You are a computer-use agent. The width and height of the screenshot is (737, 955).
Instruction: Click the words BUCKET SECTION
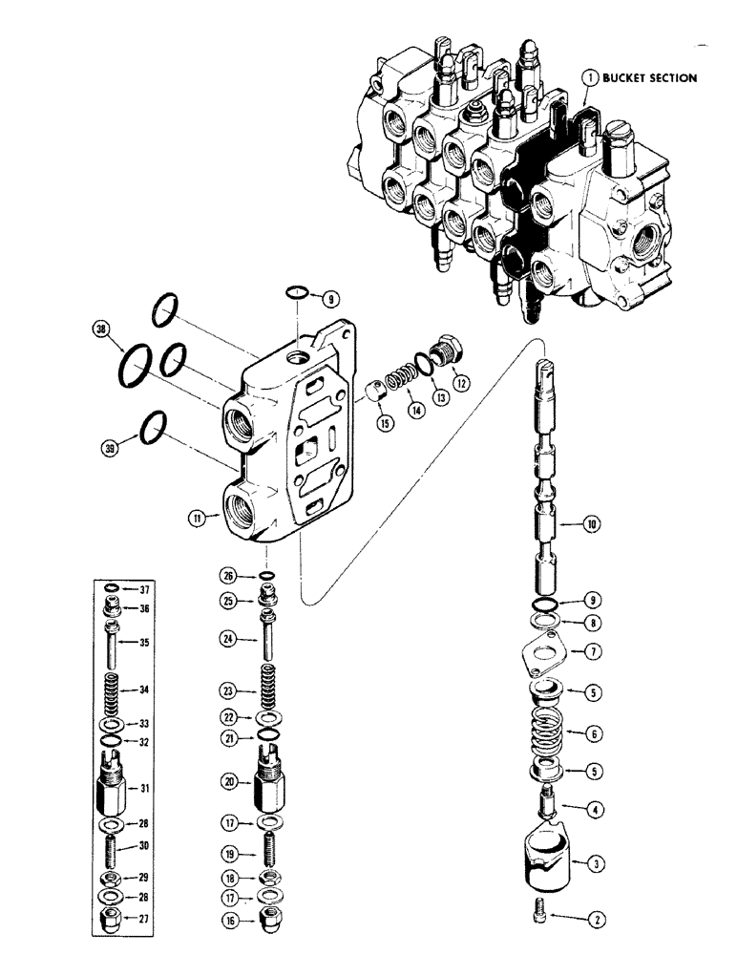(653, 77)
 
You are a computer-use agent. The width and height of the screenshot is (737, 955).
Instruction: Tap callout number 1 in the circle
(592, 77)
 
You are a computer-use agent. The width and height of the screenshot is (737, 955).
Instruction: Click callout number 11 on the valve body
(196, 519)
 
